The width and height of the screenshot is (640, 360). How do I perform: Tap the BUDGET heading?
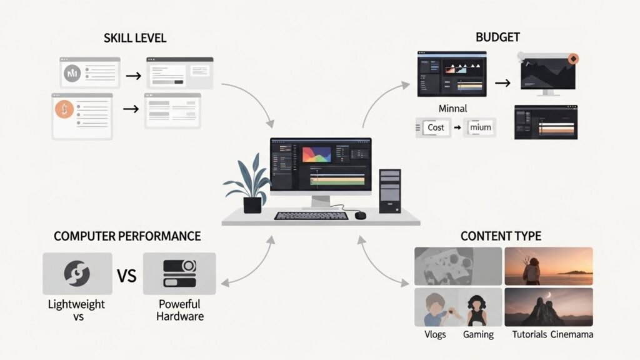click(497, 37)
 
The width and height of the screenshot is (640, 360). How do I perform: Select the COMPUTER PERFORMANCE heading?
click(127, 236)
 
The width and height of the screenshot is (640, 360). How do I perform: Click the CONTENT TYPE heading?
click(501, 236)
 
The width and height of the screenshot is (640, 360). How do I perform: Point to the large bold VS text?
click(127, 275)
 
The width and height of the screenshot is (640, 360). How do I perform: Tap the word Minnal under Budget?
click(452, 109)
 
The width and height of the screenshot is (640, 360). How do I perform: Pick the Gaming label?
click(478, 334)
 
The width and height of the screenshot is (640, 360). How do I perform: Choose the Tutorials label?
click(529, 334)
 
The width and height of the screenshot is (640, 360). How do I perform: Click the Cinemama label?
click(572, 334)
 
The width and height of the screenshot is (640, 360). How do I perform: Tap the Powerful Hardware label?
click(179, 310)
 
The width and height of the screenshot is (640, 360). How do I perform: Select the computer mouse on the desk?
click(361, 215)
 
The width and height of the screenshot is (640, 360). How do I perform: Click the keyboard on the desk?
click(311, 216)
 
